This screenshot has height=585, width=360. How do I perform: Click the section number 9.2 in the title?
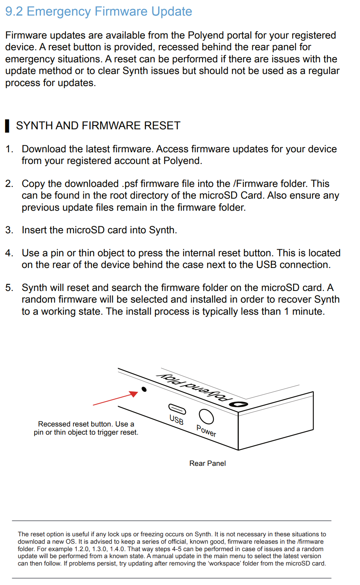pos(14,12)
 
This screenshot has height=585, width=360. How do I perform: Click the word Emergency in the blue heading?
pos(59,12)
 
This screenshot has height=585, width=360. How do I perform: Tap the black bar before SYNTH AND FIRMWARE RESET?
pos(7,126)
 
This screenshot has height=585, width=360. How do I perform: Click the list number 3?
pos(9,230)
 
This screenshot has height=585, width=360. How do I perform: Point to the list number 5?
pos(9,288)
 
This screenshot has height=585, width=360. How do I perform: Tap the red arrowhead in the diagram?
pos(134,393)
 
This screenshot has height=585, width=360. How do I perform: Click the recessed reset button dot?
pos(144,389)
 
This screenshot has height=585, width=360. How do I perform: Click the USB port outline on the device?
pos(177,409)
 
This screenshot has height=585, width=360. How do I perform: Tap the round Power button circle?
pos(206,417)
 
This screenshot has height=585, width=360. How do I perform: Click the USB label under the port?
pos(176,420)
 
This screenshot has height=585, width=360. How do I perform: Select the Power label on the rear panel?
pos(206,431)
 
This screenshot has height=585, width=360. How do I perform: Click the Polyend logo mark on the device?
pos(238,405)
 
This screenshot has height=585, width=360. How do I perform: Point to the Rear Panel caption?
pos(207,463)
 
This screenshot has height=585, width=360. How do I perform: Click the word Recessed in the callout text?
pos(54,424)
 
